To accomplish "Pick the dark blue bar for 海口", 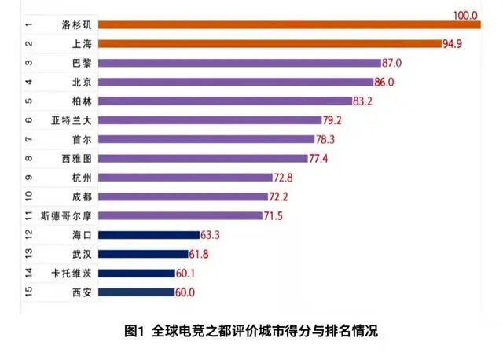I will click(x=149, y=234).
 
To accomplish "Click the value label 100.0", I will click(x=465, y=15).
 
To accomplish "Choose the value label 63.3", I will click(x=210, y=234).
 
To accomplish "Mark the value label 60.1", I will click(x=185, y=273).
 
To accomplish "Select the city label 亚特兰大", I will click(x=72, y=119).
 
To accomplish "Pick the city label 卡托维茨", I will click(x=72, y=273).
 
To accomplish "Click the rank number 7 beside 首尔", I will click(x=28, y=139).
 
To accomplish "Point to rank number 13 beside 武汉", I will click(x=28, y=253).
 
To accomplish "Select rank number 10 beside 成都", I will click(x=28, y=196).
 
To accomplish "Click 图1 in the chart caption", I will click(x=135, y=331).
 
